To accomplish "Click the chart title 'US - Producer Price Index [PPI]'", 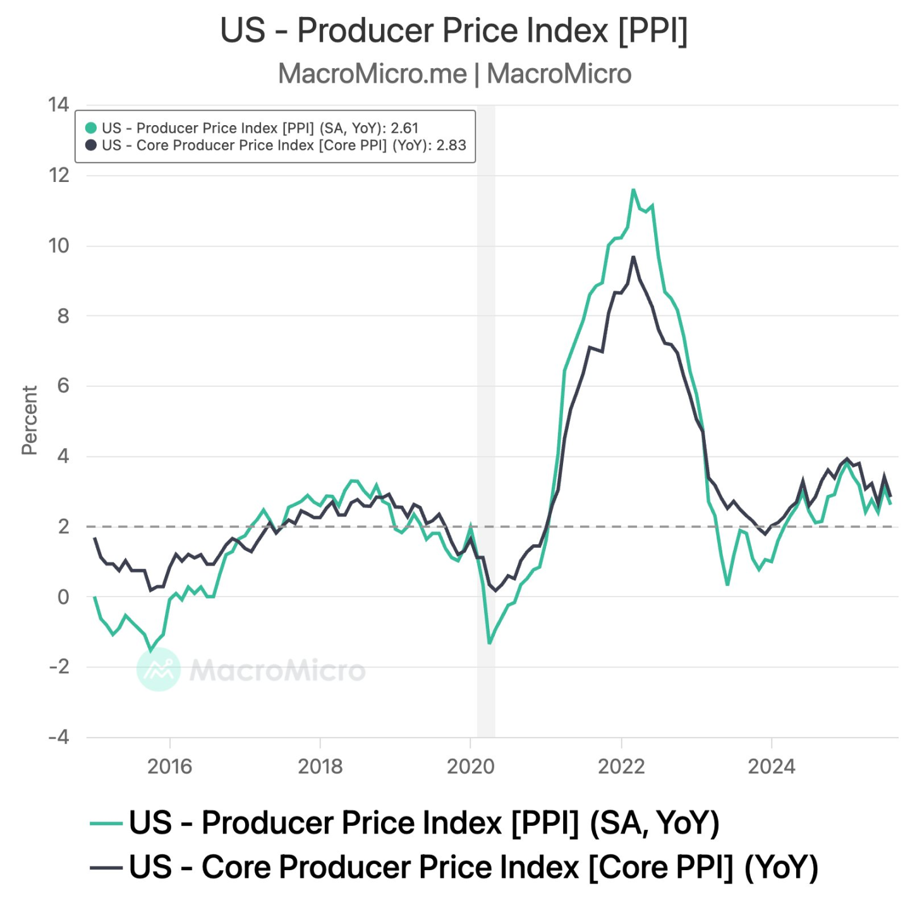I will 454,30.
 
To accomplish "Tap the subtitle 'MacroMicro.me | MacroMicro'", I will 454,74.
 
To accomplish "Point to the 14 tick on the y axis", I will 59,105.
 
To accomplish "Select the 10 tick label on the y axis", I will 59,246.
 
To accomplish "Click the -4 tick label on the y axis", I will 59,737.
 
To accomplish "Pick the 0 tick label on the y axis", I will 63,597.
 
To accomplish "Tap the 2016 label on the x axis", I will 169,767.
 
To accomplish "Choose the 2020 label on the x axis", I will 470,767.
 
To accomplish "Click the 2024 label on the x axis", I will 771,767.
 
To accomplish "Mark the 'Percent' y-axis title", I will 30,420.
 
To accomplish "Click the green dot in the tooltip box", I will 91,128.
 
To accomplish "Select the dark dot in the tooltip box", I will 91,145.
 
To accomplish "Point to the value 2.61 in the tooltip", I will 404,128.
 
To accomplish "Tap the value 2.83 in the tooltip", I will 451,145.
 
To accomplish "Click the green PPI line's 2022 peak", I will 633,190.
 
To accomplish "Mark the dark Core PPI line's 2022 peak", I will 633,257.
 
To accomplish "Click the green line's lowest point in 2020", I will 489,643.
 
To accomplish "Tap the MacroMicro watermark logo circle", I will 159,669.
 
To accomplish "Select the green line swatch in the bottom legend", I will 106,823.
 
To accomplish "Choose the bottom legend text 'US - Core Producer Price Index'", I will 354,867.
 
